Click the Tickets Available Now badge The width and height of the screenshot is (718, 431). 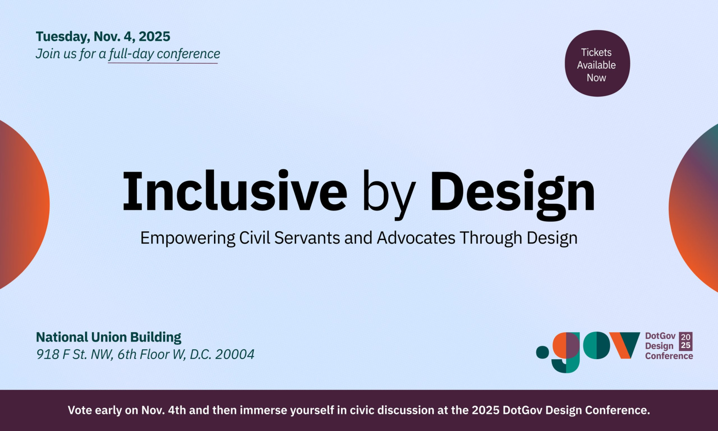click(597, 63)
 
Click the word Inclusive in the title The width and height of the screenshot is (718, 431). click(235, 191)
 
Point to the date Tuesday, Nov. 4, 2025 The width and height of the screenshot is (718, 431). click(103, 36)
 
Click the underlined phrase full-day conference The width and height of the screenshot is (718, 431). click(164, 54)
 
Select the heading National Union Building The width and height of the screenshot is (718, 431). click(109, 337)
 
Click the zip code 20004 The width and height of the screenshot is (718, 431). click(235, 354)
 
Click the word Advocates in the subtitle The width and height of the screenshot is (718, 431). click(416, 238)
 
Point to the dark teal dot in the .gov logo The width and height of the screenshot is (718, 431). click(543, 352)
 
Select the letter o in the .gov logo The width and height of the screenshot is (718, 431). click(596, 346)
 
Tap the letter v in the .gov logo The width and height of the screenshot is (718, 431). click(625, 345)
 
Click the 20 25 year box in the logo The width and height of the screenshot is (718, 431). click(686, 341)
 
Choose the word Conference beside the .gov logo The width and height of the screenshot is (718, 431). click(669, 356)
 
